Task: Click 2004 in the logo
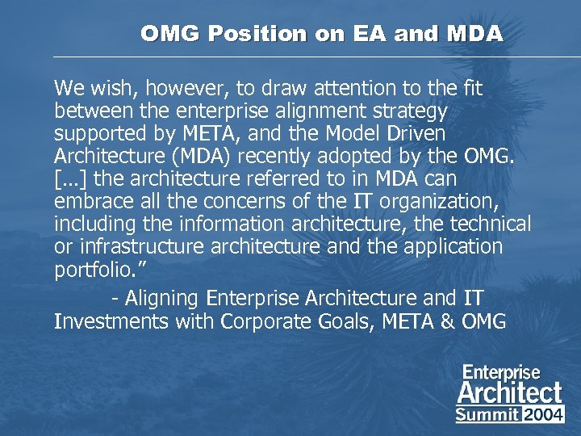point(544,415)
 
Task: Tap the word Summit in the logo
point(487,415)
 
